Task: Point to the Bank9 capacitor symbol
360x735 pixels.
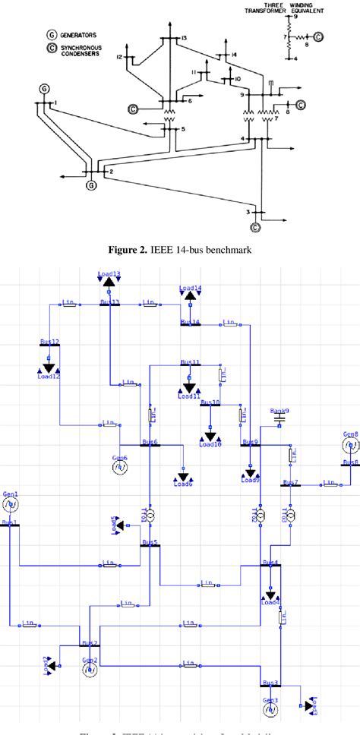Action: tap(279, 418)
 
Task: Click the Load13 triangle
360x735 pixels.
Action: tap(109, 282)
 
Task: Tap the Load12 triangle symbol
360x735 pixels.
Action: tap(47, 365)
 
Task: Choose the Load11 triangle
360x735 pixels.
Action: tap(189, 386)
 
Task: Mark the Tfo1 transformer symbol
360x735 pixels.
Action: tap(150, 516)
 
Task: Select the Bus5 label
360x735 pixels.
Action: tap(150, 542)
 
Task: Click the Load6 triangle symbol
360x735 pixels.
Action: tap(182, 476)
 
